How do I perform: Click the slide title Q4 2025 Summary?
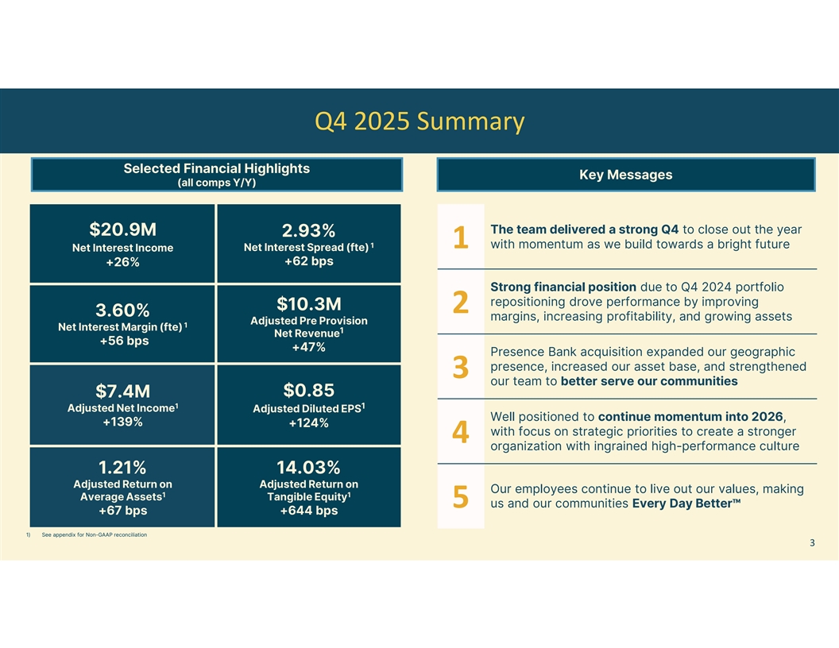coord(419,121)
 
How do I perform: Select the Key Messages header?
coord(625,175)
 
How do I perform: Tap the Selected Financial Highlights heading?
coord(216,168)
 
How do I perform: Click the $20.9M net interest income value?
coord(122,229)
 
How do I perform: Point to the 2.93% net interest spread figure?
coord(308,230)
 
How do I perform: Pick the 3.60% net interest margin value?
coord(122,308)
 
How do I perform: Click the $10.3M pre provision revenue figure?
coord(308,304)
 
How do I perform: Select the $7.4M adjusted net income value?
coord(122,391)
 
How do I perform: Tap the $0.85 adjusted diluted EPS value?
coord(308,390)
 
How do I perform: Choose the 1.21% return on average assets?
coord(122,466)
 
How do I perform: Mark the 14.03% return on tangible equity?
coord(308,466)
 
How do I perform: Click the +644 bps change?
coord(308,511)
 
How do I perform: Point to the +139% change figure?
coord(122,422)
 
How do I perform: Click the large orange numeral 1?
coord(460,237)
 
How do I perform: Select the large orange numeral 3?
coord(460,368)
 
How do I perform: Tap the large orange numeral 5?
coord(460,496)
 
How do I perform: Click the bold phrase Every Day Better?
coord(686,503)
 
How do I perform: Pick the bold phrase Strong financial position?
coord(563,287)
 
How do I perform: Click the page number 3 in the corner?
coord(812,543)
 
